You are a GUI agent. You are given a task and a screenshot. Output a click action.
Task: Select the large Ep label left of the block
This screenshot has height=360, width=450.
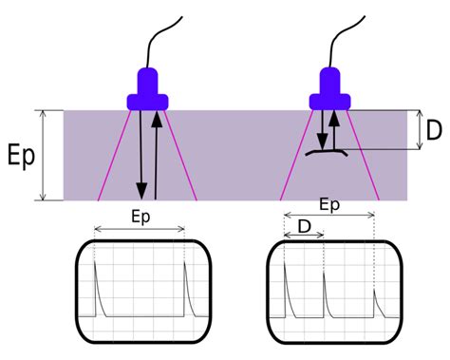pyautogui.click(x=21, y=155)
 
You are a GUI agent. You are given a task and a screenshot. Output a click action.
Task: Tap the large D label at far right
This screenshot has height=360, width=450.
pyautogui.click(x=434, y=130)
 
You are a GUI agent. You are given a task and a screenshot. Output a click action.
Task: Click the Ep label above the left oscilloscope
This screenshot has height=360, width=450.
pyautogui.click(x=141, y=216)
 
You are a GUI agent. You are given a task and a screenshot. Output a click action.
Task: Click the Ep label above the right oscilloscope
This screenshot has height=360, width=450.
pyautogui.click(x=329, y=204)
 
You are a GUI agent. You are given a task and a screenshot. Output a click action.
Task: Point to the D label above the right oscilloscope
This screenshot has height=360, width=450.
pyautogui.click(x=304, y=226)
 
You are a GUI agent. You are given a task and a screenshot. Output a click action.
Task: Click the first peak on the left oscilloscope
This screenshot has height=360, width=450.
pyautogui.click(x=98, y=285)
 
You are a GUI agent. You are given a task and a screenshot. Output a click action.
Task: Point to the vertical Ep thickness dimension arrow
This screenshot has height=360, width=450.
pyautogui.click(x=43, y=155)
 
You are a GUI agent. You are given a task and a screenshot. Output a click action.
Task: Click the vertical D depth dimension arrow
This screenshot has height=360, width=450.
pyautogui.click(x=419, y=130)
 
